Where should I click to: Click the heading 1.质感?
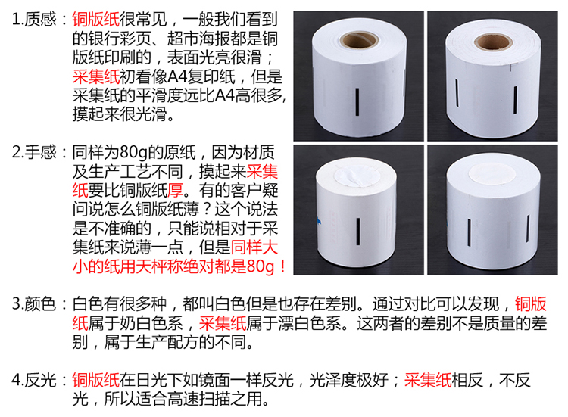[x=34, y=19]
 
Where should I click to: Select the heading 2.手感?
[x=34, y=152]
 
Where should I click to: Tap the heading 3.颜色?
[x=34, y=303]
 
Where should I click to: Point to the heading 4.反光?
[x=34, y=380]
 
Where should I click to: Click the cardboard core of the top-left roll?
[x=360, y=41]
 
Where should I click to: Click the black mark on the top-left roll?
[x=357, y=101]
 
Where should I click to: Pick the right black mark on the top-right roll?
[x=515, y=99]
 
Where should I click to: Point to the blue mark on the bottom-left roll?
[x=319, y=220]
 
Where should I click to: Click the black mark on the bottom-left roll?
[x=358, y=231]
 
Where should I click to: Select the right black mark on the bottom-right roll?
[x=528, y=229]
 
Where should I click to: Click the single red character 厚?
[x=176, y=190]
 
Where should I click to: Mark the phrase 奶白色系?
[x=151, y=323]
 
